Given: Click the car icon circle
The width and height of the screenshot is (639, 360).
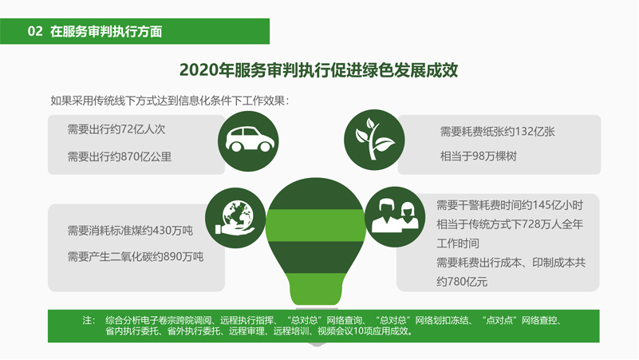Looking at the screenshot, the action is click(x=248, y=141).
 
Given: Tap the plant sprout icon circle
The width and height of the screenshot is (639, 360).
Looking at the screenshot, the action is click(x=374, y=140).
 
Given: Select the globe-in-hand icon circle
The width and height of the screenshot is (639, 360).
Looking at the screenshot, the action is click(x=235, y=218).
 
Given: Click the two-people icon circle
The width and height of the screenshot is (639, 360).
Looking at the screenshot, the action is click(x=395, y=216).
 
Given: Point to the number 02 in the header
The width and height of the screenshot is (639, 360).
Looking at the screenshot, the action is click(x=35, y=31).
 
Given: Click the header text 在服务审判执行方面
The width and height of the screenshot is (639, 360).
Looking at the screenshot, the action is click(x=106, y=31).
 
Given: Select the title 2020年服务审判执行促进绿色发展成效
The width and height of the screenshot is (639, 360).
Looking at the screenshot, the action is click(x=318, y=70).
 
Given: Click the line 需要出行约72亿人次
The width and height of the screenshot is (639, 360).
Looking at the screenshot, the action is click(x=116, y=129).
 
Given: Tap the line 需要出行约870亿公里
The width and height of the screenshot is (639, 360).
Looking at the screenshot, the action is click(x=120, y=156).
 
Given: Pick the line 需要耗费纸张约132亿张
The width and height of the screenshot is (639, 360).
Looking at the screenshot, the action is click(x=497, y=132).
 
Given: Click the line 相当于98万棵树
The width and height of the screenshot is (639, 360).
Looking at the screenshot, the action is click(x=479, y=156).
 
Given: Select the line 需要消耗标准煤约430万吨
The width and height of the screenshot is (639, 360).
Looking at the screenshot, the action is click(x=130, y=231).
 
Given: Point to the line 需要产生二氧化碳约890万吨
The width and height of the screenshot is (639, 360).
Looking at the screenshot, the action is click(x=136, y=256).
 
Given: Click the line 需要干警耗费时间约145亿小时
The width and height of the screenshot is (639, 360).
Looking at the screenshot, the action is click(x=510, y=205).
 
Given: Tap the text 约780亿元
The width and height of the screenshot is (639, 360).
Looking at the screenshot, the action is click(x=462, y=282).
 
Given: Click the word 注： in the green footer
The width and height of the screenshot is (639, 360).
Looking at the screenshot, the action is click(x=89, y=320).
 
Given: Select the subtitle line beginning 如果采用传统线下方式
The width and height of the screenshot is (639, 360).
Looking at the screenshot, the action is click(x=170, y=101).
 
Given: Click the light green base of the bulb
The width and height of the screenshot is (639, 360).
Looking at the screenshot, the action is click(x=316, y=289).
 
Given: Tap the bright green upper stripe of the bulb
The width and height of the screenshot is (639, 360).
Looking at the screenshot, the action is click(x=316, y=225).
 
